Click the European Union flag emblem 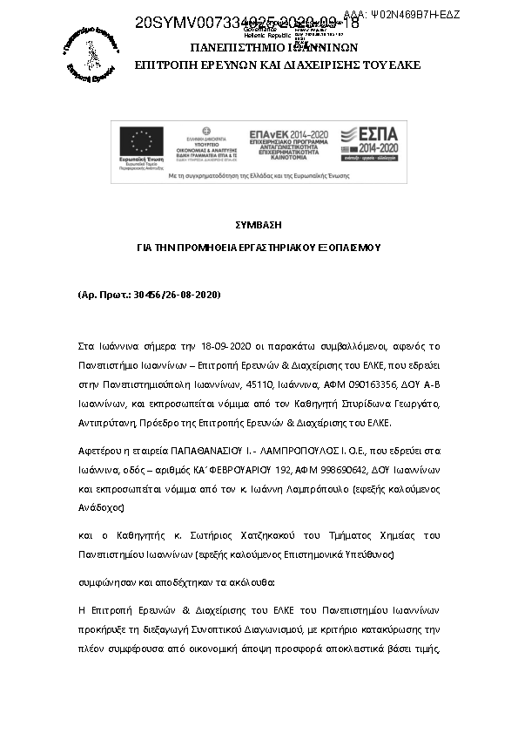pyautogui.click(x=143, y=141)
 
